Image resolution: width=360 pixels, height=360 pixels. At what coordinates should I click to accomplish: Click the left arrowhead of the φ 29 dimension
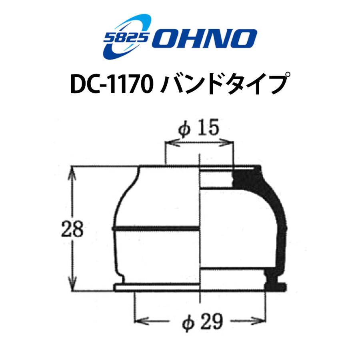click(138, 320)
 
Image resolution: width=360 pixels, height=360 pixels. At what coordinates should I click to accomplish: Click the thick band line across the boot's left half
click(156, 229)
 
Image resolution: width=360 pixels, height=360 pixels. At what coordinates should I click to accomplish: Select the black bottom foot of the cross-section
click(276, 284)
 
